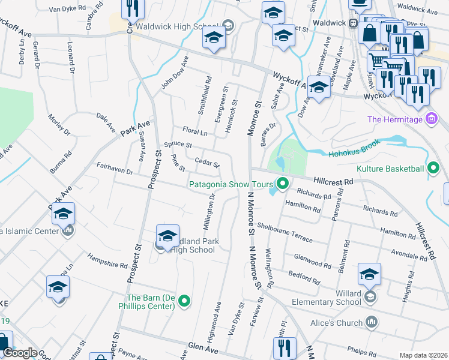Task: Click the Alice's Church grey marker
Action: (372, 323)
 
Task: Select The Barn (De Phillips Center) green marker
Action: (185, 302)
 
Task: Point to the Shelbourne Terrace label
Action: (285, 232)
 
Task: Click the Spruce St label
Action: (178, 145)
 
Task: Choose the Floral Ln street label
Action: (194, 131)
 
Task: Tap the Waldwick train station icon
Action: (354, 23)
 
